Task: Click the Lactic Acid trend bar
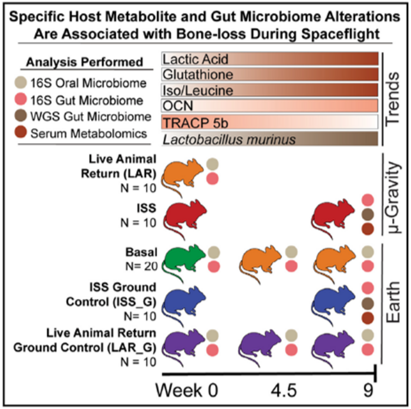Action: pyautogui.click(x=269, y=59)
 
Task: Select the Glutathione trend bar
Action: pyautogui.click(x=269, y=75)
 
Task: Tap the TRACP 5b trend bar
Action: pyautogui.click(x=269, y=121)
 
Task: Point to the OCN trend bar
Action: pyautogui.click(x=269, y=106)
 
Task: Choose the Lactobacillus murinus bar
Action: pyautogui.click(x=269, y=138)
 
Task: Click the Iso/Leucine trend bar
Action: pyautogui.click(x=269, y=90)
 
